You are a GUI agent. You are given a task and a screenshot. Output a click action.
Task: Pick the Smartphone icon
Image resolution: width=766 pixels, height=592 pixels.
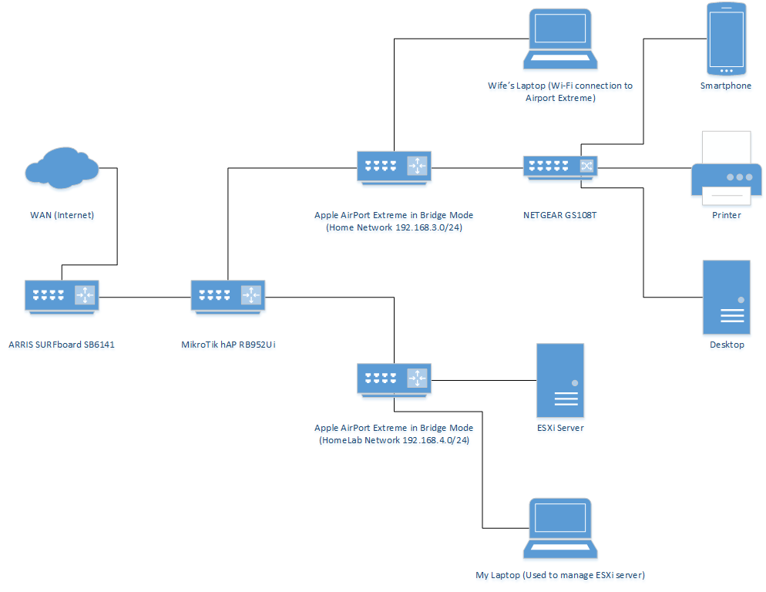(726, 37)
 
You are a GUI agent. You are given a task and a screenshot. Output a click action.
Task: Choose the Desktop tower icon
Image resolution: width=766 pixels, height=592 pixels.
(726, 297)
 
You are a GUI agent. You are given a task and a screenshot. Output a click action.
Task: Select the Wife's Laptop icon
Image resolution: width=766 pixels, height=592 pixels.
(559, 40)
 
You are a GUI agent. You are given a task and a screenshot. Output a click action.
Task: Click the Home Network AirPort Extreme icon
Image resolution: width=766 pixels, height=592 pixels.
(394, 166)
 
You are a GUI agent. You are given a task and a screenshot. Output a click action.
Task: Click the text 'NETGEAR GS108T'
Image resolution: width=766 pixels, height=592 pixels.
(559, 215)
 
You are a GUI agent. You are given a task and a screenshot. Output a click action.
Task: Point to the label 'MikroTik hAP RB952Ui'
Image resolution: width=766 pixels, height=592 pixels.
(223, 345)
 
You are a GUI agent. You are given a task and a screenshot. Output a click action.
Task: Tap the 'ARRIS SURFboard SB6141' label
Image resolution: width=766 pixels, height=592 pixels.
(62, 345)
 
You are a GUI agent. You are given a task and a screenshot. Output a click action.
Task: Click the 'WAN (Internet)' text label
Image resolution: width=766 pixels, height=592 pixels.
(61, 215)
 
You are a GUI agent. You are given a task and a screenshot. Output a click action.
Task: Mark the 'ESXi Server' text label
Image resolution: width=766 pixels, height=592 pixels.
(559, 428)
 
